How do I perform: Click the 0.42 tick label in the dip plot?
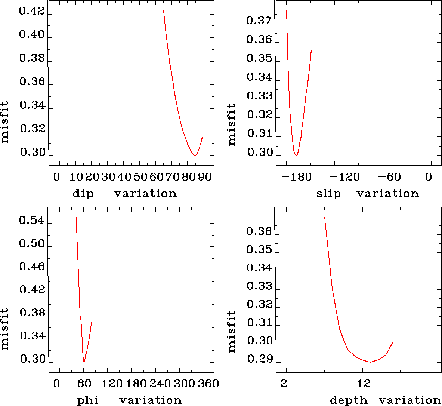(32, 12)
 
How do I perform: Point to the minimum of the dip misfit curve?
(194, 155)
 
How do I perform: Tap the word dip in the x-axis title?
(83, 194)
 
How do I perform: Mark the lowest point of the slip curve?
(296, 155)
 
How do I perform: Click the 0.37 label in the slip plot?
(259, 21)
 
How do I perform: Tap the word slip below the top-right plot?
(328, 194)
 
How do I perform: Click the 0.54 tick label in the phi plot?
(32, 221)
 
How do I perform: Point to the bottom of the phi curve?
(84, 362)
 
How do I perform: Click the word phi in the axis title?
(88, 400)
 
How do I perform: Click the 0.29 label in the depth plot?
(259, 360)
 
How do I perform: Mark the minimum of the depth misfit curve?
(370, 362)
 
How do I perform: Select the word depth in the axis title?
(349, 400)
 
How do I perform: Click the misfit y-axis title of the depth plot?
(232, 331)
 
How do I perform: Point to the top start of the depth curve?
(325, 218)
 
